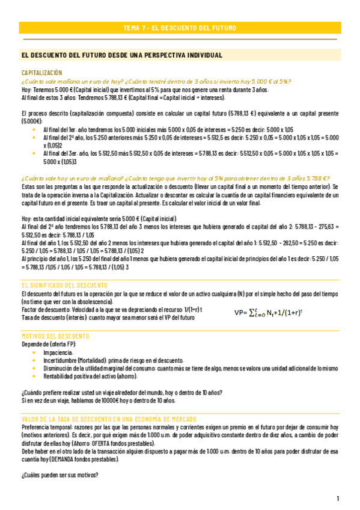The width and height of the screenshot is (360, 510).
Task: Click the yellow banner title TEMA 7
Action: click(x=179, y=28)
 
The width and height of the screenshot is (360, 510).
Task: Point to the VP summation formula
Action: click(x=276, y=312)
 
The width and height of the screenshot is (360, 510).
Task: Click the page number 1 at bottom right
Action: click(x=338, y=499)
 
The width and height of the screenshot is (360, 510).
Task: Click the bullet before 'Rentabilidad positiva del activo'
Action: click(x=34, y=376)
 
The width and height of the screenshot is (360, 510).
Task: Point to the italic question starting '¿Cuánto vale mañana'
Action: click(x=147, y=82)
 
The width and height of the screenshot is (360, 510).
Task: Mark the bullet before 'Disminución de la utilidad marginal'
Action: click(x=34, y=368)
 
